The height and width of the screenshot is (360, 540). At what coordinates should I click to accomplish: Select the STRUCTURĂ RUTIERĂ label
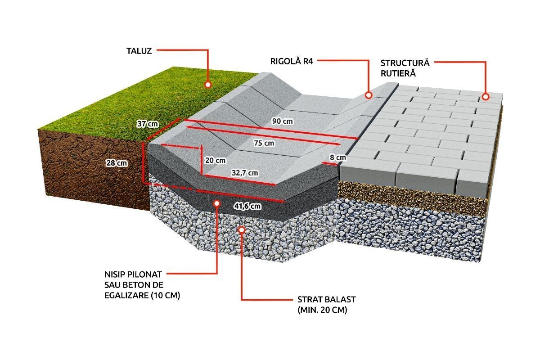point(405,67)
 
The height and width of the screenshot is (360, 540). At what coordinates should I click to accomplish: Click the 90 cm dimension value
point(282,121)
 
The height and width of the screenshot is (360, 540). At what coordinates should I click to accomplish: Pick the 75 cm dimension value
point(264,143)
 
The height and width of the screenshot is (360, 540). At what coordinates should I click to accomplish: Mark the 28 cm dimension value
point(115,163)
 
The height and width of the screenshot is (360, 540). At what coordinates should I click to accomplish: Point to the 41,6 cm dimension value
point(247,207)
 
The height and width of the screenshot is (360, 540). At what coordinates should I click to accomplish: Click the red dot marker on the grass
point(208,84)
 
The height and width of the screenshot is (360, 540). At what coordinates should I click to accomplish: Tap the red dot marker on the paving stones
point(485,96)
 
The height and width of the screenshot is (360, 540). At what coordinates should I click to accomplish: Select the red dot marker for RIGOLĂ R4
point(368,95)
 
